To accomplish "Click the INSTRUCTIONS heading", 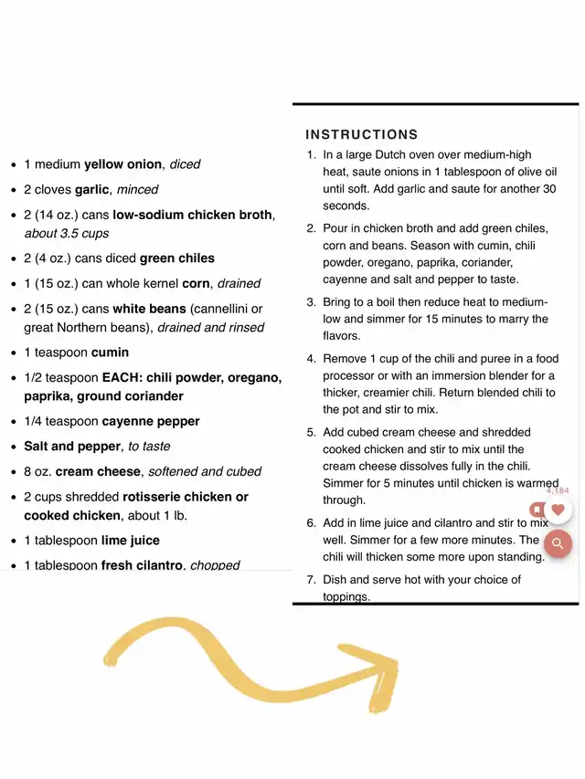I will tap(362, 134).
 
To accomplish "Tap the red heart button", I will tap(558, 510).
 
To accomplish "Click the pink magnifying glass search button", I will tap(558, 545).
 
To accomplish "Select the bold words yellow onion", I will tap(123, 164).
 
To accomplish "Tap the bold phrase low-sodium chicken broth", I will tap(192, 216).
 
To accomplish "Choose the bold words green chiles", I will tap(177, 258).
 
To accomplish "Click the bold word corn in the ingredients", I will tap(197, 284).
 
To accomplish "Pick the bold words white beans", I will tap(149, 310).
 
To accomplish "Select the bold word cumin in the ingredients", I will tap(110, 353).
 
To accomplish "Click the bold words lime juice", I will tap(130, 541).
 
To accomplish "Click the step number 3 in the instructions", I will tap(311, 302).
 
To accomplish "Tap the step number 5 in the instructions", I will tap(311, 432).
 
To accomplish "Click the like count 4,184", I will tap(558, 490).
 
